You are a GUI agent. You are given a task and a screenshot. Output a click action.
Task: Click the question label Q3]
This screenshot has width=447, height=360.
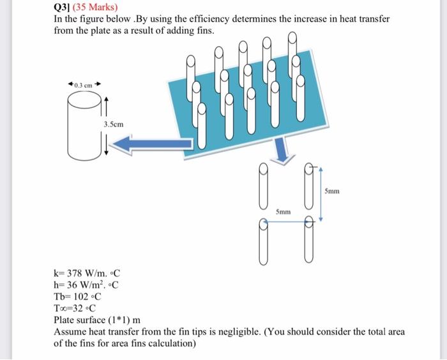point(62,8)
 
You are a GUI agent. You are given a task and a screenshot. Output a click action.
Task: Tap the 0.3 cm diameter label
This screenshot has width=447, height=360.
point(84,84)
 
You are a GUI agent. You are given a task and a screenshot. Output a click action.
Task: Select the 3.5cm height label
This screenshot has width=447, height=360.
point(113,125)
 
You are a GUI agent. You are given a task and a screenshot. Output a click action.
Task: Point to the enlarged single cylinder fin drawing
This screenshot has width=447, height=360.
point(82,125)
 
